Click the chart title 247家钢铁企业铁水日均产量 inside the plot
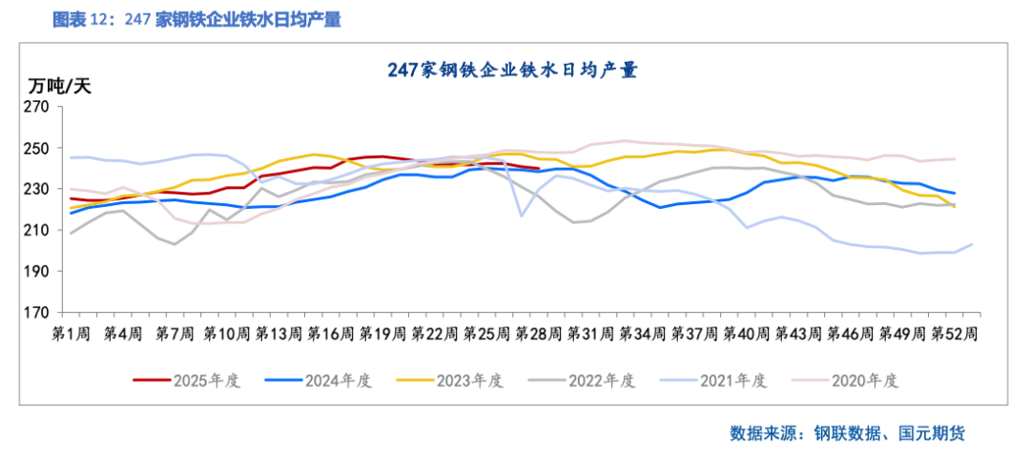[x=512, y=70]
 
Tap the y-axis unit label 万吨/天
[x=59, y=86]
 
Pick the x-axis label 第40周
[x=741, y=333]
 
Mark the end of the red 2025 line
[x=540, y=169]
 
